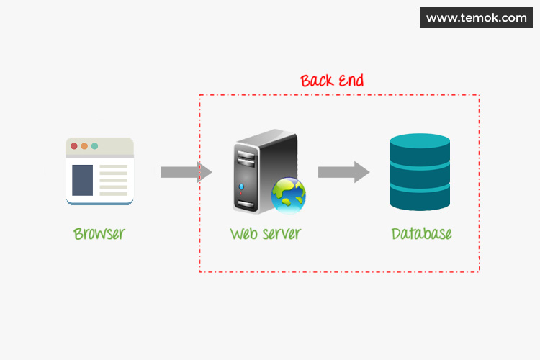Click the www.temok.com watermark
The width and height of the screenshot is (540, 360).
[x=477, y=18]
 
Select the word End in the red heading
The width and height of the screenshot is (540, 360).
[x=351, y=80]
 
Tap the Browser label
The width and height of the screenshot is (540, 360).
[x=99, y=234]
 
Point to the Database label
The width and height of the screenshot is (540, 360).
[x=421, y=234]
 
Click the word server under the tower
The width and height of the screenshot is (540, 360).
[x=279, y=234]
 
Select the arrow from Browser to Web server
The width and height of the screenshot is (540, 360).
[x=186, y=172]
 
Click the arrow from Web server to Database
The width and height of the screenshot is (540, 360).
[x=343, y=172]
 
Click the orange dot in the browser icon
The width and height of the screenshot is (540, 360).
[x=84, y=146]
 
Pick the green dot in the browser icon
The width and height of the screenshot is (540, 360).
[x=94, y=146]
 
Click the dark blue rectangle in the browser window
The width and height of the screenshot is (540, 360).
[x=82, y=180]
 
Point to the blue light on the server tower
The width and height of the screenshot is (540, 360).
[x=241, y=186]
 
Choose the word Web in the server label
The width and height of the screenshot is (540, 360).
[x=242, y=234]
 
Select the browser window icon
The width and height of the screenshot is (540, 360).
[x=100, y=171]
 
